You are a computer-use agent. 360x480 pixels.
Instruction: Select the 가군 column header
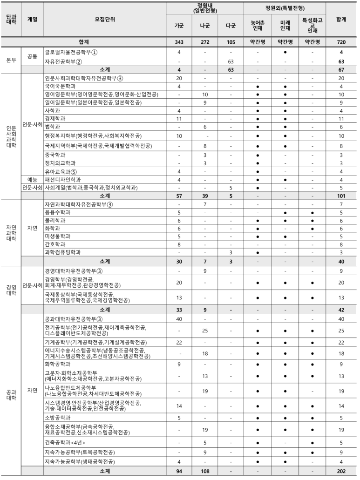[x=179, y=26]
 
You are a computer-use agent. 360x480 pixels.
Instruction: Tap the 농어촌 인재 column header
[x=257, y=26]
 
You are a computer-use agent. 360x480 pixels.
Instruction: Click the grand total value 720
[x=341, y=42]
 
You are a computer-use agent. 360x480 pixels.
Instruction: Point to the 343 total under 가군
[x=179, y=42]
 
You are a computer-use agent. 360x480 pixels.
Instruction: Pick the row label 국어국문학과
[x=60, y=86]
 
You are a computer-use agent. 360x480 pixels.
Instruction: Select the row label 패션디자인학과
[x=62, y=179]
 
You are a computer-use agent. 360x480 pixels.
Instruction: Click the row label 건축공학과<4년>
[x=65, y=442]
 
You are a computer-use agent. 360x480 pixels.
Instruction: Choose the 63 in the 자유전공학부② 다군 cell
[x=230, y=61]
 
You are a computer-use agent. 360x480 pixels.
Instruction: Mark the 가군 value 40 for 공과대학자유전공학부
[x=179, y=318]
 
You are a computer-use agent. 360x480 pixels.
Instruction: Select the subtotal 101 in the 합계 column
[x=341, y=196]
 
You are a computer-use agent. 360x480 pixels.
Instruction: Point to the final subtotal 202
[x=341, y=471]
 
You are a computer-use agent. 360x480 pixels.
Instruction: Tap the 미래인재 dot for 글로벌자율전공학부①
[x=285, y=52]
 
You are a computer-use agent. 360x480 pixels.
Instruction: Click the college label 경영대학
[x=11, y=290]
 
